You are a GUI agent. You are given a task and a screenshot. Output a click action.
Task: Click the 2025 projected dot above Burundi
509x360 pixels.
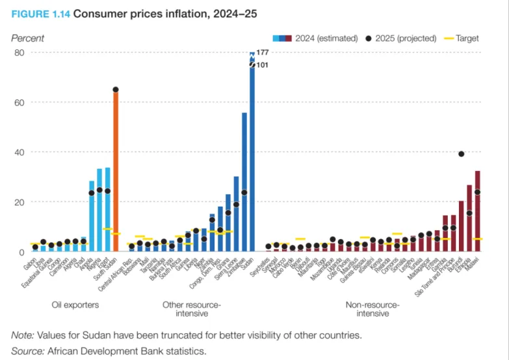[462, 154]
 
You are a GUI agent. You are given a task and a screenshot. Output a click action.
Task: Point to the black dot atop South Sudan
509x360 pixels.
[116, 90]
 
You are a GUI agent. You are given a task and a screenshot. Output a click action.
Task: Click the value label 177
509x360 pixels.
[263, 52]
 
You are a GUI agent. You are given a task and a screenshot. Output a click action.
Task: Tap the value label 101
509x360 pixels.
[263, 65]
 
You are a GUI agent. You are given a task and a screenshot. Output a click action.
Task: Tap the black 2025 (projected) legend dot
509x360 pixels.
[369, 38]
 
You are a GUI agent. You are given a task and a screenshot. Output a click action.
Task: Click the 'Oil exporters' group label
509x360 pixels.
[75, 304]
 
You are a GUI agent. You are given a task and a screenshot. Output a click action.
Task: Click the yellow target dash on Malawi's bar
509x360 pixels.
[478, 239]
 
